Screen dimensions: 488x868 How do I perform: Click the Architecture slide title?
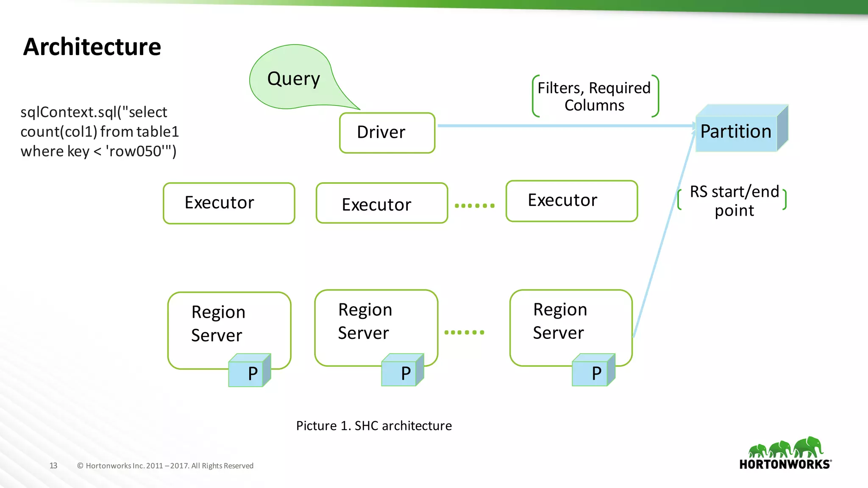(92, 47)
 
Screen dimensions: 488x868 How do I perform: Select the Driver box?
(387, 133)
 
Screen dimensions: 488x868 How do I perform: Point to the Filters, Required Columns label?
(594, 97)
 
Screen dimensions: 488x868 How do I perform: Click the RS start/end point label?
(734, 200)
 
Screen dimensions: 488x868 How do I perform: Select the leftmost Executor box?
(229, 203)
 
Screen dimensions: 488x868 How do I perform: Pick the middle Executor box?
(381, 204)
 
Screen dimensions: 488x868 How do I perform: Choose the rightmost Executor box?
(571, 201)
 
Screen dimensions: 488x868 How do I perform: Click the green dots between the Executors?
(474, 206)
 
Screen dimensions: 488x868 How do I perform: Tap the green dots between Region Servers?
(464, 333)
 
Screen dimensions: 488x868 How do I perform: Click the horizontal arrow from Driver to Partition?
(564, 126)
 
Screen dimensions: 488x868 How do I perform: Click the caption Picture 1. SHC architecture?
(374, 426)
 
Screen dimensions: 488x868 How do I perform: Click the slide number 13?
(53, 466)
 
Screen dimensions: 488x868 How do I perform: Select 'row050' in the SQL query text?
(135, 151)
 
